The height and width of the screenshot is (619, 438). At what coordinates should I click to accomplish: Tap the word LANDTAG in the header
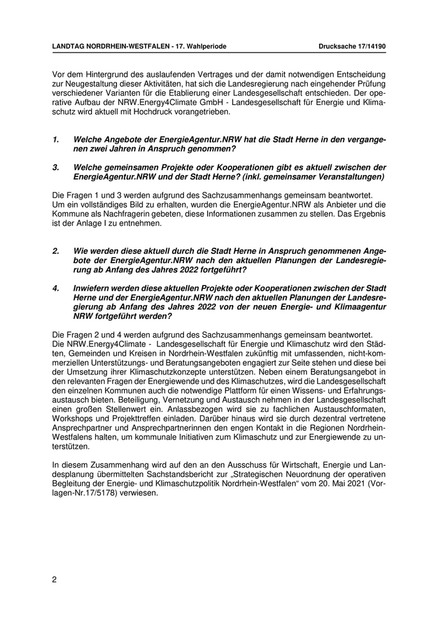71,47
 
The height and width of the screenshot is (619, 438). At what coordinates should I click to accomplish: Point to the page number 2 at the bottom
54,579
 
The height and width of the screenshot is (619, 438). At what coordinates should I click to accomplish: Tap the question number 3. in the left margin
55,167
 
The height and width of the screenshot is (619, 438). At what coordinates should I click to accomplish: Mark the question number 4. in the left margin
55,288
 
